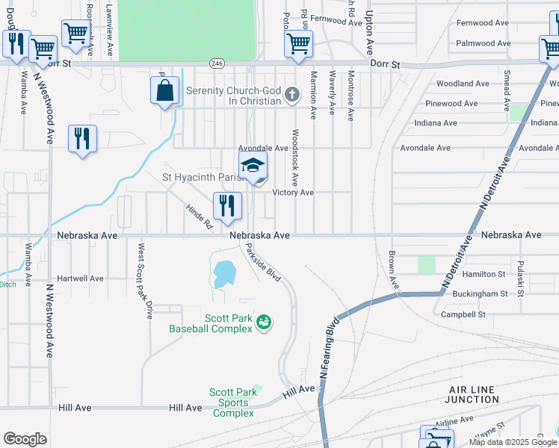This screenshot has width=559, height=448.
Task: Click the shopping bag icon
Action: tap(164, 92)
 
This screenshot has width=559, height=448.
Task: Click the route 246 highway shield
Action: tap(217, 64)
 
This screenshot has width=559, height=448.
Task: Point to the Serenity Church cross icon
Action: tap(291, 96)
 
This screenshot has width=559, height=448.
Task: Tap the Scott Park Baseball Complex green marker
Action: tap(263, 323)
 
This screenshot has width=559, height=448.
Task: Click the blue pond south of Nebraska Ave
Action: tap(222, 274)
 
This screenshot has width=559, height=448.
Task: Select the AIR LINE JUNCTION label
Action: tap(473, 395)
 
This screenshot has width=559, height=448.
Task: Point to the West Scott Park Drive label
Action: tap(144, 280)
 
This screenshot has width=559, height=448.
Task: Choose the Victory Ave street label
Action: tap(292, 193)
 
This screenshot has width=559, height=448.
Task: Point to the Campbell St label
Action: tap(463, 314)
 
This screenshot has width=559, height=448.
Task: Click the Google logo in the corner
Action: tap(25, 439)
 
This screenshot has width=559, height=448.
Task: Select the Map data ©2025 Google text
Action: tap(513, 442)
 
